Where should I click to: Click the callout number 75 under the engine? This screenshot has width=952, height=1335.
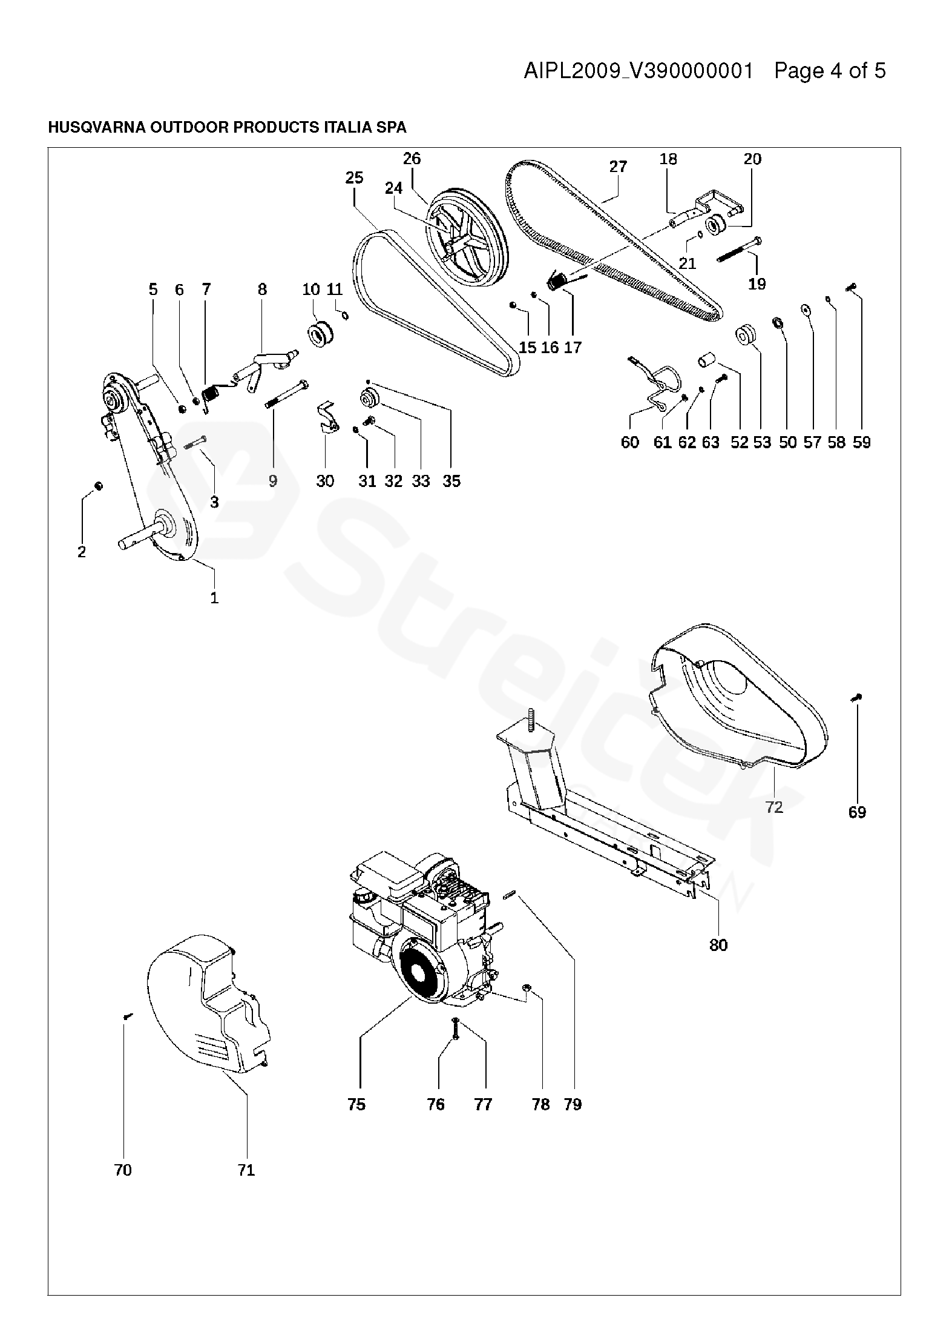356,1104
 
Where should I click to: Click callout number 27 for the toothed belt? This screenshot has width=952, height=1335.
618,167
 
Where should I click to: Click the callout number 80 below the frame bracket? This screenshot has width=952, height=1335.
718,944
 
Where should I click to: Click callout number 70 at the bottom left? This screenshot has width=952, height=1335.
123,1170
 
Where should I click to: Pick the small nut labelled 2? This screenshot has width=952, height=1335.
99,486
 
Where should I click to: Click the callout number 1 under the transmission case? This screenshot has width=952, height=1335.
214,598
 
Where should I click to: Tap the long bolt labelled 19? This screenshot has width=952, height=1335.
739,249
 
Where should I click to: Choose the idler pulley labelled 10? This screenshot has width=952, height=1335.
319,334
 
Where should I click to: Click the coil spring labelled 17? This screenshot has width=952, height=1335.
558,282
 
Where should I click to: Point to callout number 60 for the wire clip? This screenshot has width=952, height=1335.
629,442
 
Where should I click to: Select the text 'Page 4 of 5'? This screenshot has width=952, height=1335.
830,71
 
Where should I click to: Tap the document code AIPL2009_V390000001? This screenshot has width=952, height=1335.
638,71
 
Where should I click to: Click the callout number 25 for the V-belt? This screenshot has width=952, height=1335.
355,177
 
